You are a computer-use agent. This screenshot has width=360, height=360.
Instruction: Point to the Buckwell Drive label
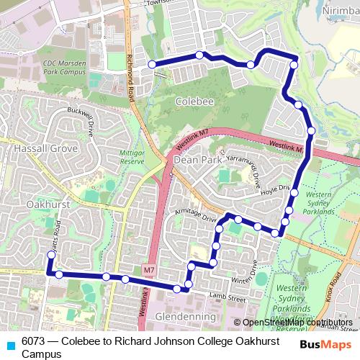coord(81,122)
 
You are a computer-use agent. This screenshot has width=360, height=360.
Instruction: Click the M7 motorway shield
coord(148,270)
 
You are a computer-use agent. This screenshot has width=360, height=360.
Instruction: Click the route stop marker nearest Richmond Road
coord(153,65)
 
